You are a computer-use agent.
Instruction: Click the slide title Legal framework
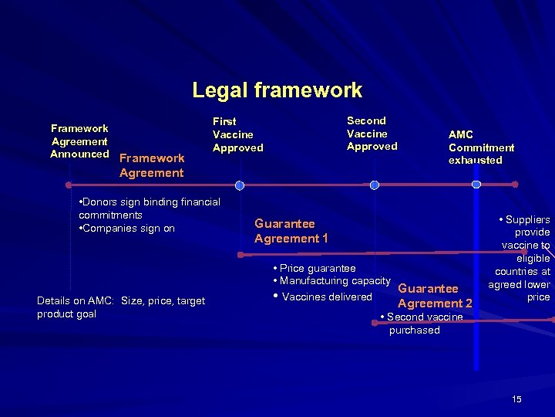277,90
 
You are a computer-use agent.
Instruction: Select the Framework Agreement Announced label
79,141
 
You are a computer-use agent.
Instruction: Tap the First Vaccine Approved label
237,134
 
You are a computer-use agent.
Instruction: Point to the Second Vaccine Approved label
372,133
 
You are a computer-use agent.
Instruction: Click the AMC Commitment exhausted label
481,147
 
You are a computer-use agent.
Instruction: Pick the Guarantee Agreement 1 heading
291,231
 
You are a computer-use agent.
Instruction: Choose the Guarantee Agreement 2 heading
435,296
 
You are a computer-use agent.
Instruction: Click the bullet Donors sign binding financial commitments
149,208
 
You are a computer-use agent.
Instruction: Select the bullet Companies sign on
127,229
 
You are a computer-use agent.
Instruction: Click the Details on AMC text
121,307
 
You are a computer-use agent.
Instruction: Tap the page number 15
516,398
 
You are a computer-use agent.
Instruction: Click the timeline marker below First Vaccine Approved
240,185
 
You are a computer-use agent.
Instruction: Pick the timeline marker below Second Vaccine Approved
374,185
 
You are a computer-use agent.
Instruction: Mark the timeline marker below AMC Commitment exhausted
476,185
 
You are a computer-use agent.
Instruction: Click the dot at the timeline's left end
69,185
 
